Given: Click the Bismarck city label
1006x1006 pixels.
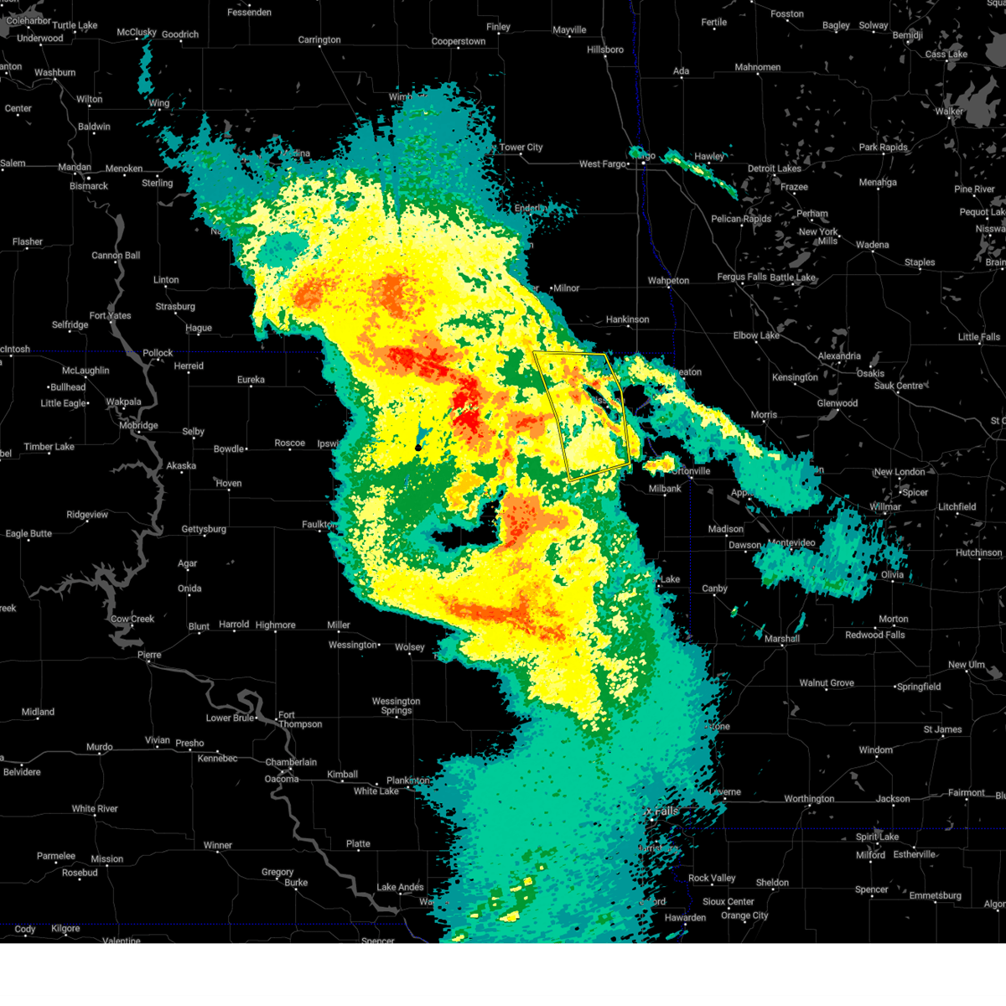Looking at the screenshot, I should click(89, 186).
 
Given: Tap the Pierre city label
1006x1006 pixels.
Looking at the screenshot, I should click(149, 655).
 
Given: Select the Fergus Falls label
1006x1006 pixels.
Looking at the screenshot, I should click(742, 277).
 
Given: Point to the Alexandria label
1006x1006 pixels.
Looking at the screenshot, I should click(839, 356).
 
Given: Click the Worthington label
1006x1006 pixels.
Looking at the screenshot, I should click(809, 799).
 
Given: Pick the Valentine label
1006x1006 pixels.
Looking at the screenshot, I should click(122, 941).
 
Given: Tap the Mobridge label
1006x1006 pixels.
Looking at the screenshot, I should click(138, 425).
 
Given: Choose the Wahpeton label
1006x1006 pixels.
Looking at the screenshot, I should click(668, 281).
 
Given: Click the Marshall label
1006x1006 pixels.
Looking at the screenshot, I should click(782, 639).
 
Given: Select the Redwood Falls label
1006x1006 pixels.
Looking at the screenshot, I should click(875, 635).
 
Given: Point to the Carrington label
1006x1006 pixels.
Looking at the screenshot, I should click(319, 40).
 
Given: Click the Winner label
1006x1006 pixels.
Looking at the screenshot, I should click(218, 845).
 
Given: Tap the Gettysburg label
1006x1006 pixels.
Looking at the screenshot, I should click(204, 529).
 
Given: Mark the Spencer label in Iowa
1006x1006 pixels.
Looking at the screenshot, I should click(872, 889).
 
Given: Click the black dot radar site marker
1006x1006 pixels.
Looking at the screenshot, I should click(418, 448).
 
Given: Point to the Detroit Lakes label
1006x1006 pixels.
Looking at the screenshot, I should click(775, 169).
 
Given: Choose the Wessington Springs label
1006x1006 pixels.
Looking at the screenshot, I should click(397, 706).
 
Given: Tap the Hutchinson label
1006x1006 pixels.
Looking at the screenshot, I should click(979, 552).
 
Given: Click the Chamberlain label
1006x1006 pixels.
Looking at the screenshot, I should click(291, 762).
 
